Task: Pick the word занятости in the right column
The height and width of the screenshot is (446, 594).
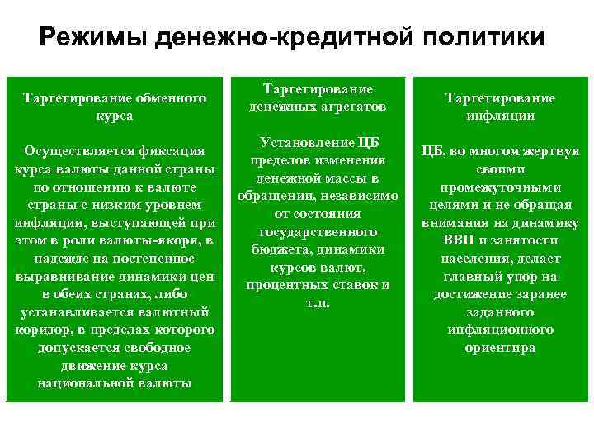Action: [536, 240]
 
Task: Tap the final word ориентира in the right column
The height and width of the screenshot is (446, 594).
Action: [500, 348]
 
